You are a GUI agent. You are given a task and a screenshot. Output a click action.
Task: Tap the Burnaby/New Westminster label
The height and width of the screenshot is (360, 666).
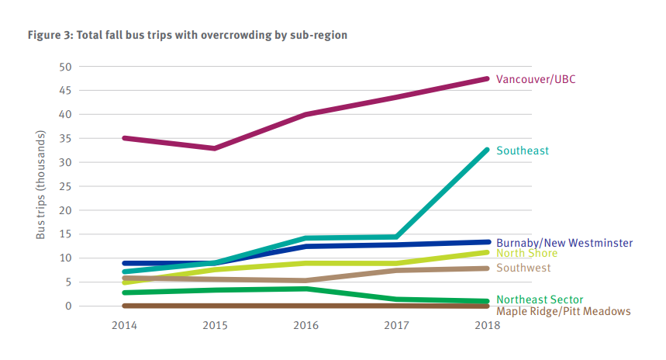564,243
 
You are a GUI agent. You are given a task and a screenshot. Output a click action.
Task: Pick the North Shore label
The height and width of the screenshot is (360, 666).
526,254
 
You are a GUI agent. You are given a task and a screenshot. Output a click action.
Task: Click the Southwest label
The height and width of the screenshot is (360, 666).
523,268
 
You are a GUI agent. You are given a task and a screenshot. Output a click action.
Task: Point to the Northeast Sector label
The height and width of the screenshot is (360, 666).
540,299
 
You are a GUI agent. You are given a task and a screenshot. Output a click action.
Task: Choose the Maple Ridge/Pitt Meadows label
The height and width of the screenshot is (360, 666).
563,311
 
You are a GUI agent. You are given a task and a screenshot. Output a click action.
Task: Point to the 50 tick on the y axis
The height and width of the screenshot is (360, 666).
65,67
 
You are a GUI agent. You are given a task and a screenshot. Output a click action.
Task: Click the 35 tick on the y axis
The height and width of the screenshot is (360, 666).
65,139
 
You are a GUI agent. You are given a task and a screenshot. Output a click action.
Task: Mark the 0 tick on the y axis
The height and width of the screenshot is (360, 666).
68,306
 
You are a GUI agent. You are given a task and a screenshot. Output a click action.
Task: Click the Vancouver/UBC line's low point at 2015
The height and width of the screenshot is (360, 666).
214,148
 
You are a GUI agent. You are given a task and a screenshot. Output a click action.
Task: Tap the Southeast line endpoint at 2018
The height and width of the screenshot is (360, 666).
488,150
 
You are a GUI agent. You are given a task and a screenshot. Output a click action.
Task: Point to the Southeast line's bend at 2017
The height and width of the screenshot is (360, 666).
396,237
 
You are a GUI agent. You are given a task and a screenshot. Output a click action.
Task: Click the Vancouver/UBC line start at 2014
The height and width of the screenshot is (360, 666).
124,138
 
